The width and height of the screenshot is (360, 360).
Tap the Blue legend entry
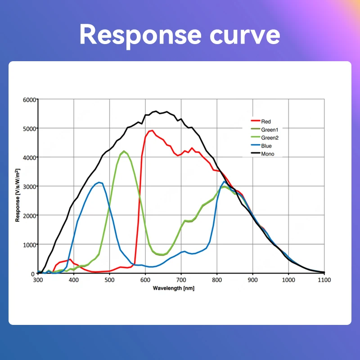pos(266,146)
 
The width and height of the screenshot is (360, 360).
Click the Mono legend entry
pos(267,154)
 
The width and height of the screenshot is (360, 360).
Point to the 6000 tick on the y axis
pos(29,99)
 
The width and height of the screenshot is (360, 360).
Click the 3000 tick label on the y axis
pos(29,186)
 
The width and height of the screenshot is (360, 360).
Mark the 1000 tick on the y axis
pos(29,244)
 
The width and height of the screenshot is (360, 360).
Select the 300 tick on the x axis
pos(38,280)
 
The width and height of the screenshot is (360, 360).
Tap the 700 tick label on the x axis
pos(181,280)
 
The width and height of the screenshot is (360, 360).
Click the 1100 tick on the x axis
pos(324,280)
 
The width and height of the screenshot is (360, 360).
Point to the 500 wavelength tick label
pos(109,280)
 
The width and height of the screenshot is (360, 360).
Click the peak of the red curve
pos(152,130)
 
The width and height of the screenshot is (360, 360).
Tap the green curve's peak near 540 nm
pos(124,151)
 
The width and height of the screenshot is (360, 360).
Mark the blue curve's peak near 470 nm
pos(99,182)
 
